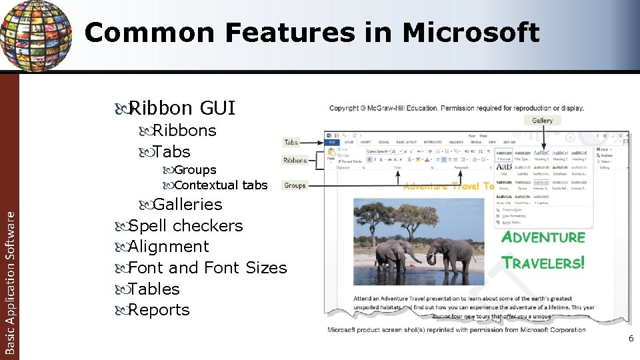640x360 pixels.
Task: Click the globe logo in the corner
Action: [35, 33]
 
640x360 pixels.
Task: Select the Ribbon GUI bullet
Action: [181, 107]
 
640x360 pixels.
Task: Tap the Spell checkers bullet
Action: [185, 225]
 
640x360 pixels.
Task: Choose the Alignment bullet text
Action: [168, 247]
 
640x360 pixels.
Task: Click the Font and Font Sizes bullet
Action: [207, 268]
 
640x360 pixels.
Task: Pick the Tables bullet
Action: [154, 289]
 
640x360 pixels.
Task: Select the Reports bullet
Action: [159, 310]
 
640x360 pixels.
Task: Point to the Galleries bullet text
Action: [187, 204]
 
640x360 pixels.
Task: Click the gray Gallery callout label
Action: [542, 121]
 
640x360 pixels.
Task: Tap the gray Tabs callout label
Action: [291, 142]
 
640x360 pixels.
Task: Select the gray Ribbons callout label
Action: [295, 161]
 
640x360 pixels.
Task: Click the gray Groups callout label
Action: [295, 185]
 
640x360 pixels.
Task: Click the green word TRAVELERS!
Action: [543, 263]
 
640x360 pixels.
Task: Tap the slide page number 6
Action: [631, 339]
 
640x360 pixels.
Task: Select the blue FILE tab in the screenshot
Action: [331, 142]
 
